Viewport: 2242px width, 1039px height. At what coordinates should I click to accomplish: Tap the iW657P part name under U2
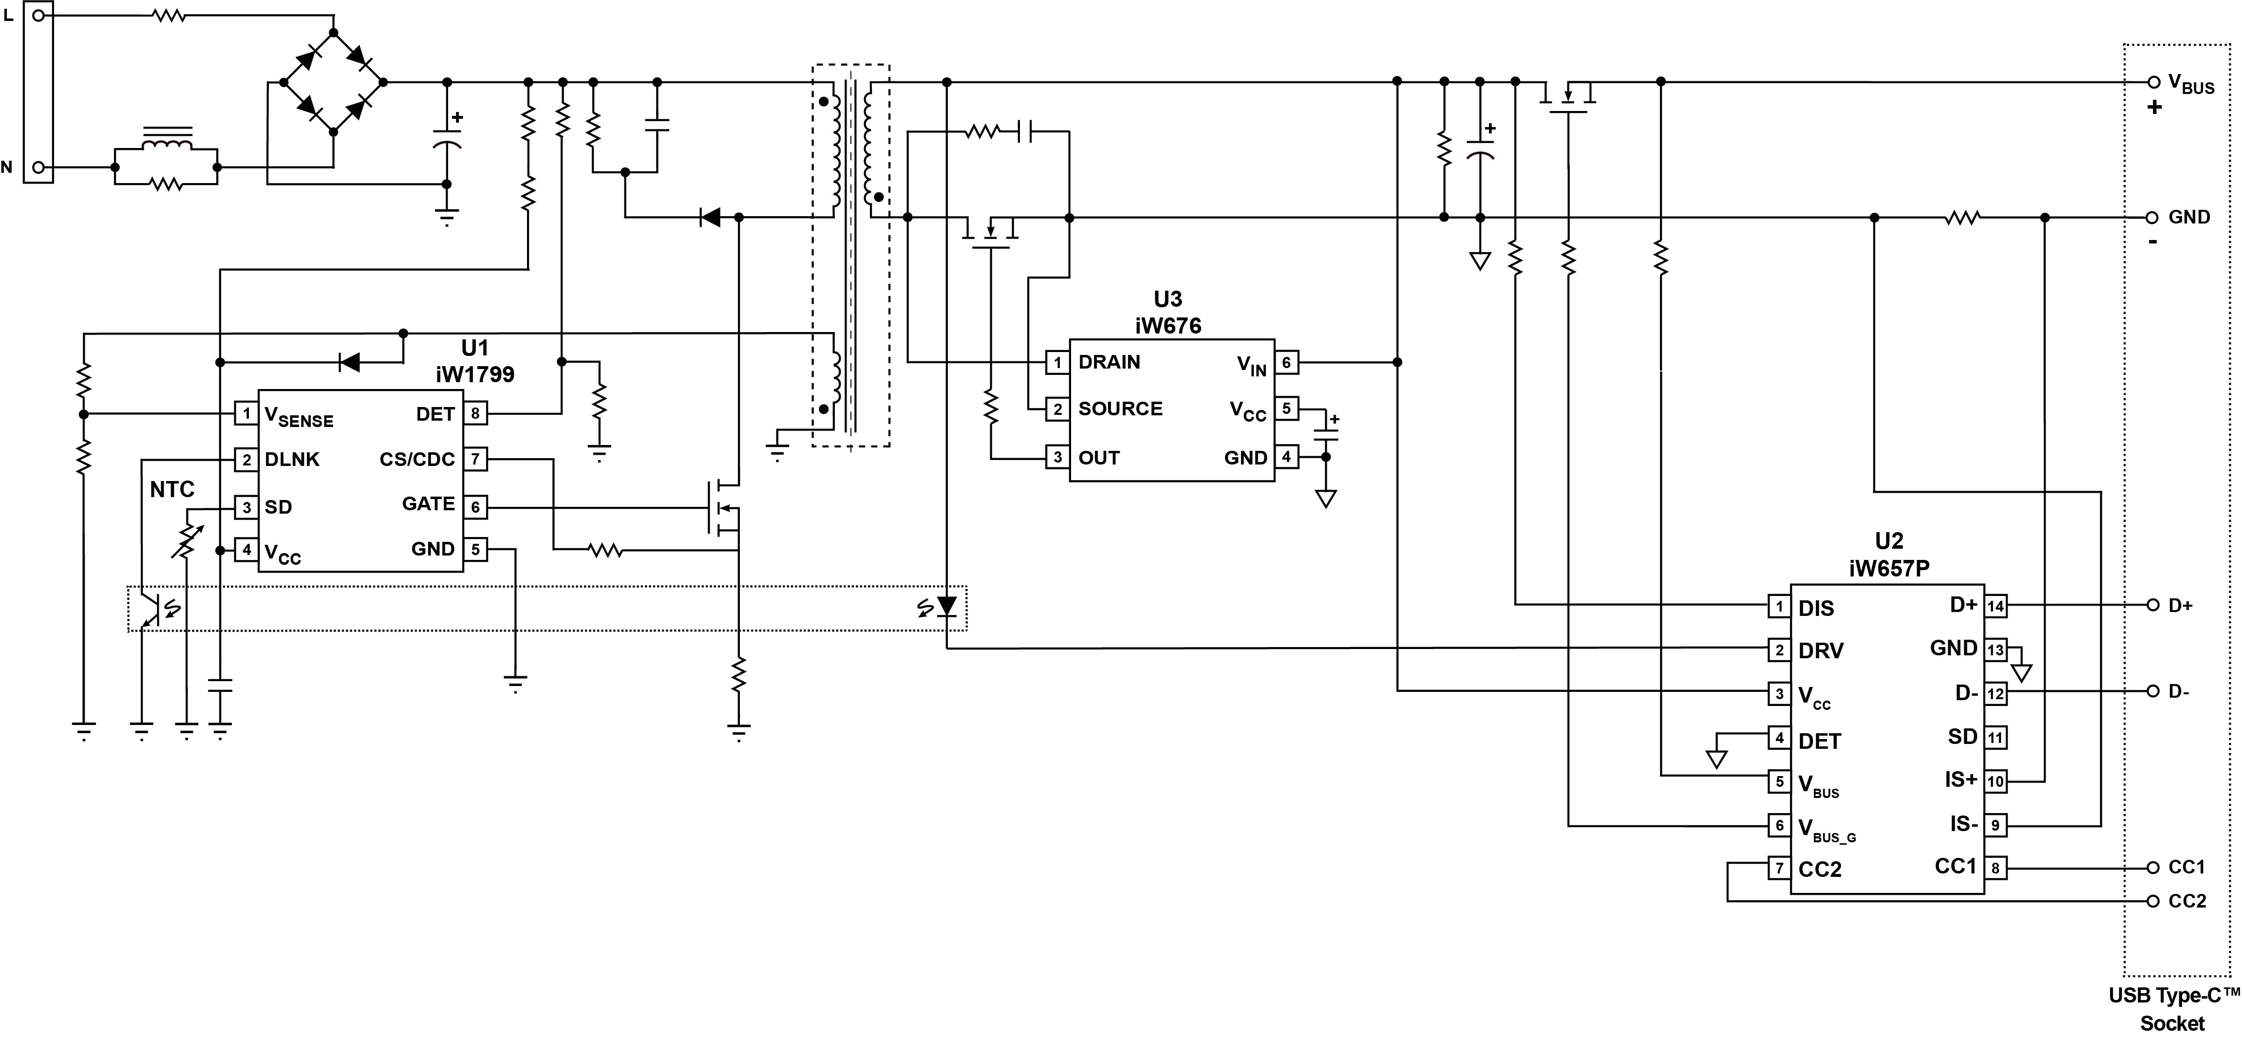point(1889,568)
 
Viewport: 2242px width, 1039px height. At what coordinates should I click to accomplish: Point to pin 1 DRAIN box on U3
point(1057,363)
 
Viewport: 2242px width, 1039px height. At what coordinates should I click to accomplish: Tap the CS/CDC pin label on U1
point(417,460)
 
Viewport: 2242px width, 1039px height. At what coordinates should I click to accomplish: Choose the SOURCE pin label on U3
point(1120,409)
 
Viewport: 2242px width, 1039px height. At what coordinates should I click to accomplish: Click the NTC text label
point(171,490)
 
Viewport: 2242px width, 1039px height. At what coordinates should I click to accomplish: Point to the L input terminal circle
point(38,16)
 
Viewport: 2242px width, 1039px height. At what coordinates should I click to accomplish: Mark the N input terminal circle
point(38,167)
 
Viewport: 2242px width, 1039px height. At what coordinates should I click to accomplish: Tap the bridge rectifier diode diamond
point(333,82)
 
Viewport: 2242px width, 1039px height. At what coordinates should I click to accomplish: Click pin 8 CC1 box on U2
point(1996,868)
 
